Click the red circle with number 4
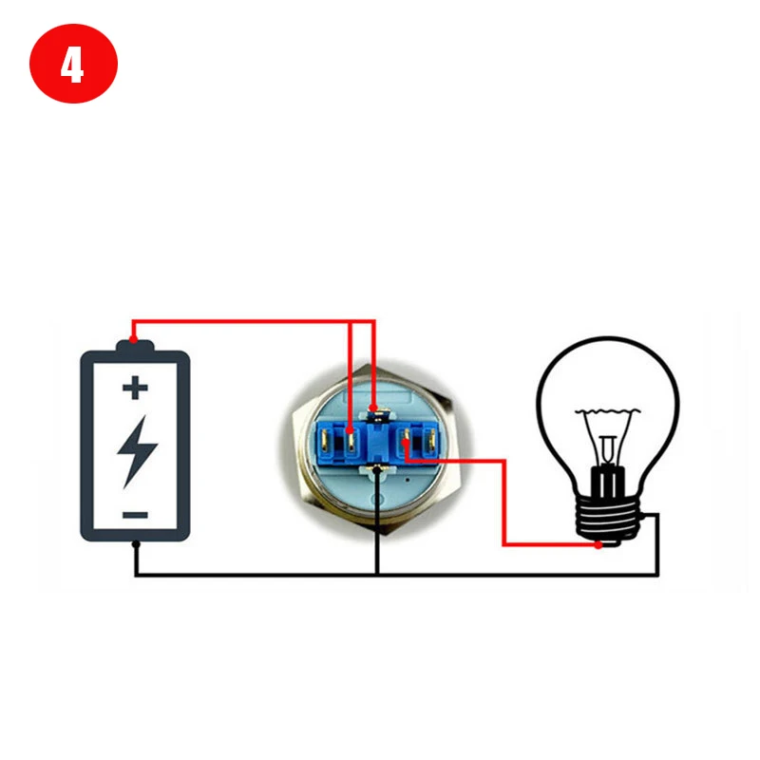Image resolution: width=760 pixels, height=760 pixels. (73, 66)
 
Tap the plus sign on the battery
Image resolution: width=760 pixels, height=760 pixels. (135, 387)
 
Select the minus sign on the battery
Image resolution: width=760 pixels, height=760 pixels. (135, 515)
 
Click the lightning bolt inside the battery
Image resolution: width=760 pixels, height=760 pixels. (136, 450)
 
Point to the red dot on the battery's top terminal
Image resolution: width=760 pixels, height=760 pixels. (134, 339)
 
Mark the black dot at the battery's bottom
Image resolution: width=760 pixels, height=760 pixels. (135, 544)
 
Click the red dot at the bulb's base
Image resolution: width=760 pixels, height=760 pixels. (598, 545)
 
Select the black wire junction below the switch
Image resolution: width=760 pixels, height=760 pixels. (377, 575)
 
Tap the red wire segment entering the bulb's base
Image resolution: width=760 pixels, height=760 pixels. (551, 545)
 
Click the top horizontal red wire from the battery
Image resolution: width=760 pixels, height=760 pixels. (247, 321)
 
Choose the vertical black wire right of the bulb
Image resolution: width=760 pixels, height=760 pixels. (657, 546)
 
